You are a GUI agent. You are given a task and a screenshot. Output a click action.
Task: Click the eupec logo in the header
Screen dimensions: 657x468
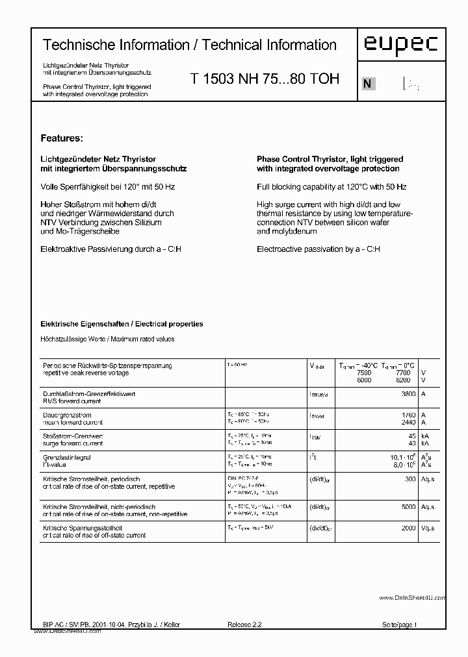pos(400,45)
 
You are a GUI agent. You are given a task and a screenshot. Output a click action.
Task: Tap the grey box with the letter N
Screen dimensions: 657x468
pos(368,83)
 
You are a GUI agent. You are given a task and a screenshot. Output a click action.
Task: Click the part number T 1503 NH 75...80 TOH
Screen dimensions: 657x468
pos(265,79)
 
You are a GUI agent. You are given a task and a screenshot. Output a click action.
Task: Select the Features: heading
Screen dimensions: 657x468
pos(62,138)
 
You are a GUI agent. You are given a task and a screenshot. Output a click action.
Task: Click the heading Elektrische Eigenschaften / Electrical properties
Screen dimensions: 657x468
pos(122,323)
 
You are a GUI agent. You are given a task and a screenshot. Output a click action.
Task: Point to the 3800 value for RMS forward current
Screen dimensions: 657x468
pos(409,394)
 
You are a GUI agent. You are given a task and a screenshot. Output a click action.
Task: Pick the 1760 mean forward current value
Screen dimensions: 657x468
pos(409,415)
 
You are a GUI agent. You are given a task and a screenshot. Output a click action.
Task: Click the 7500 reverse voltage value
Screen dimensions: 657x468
pos(364,373)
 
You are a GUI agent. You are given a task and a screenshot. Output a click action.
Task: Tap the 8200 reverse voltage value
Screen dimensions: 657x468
pos(403,380)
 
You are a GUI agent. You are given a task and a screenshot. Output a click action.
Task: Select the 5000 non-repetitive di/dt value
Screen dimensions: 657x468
pos(408,507)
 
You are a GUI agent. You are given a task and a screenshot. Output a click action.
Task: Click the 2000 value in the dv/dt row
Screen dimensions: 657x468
pos(408,528)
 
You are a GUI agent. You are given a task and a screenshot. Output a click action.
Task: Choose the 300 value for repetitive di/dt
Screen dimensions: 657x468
pos(410,478)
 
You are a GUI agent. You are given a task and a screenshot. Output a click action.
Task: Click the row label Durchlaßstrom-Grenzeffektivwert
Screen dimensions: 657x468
pos(88,394)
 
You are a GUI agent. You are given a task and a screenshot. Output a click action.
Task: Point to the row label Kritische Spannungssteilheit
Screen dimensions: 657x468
pos(83,528)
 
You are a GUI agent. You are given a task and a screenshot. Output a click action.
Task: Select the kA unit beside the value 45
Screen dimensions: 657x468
pos(425,436)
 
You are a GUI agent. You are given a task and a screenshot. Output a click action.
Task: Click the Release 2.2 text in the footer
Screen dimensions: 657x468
pos(244,625)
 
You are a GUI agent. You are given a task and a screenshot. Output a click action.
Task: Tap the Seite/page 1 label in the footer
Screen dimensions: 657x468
pos(399,625)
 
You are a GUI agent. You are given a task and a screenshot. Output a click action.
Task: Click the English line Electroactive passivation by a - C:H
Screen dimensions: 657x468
pos(318,249)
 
